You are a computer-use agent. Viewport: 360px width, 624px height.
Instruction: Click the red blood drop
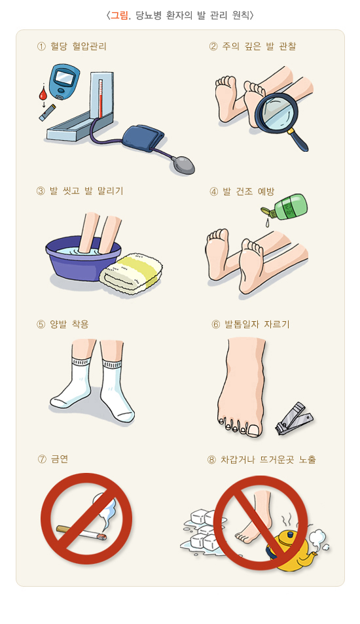(x=43, y=94)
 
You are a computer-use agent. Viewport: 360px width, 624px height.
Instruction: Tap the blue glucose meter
(x=63, y=82)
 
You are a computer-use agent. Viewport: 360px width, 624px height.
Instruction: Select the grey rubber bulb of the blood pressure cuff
(x=183, y=164)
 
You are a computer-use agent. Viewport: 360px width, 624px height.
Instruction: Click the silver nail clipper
(x=294, y=418)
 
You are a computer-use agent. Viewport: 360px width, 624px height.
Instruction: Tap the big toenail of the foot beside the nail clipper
(x=254, y=430)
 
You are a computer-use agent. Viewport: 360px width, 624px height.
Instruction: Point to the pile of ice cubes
(x=203, y=530)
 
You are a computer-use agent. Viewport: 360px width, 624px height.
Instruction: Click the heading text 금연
(x=60, y=459)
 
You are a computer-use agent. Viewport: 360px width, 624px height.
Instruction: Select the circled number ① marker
(x=41, y=47)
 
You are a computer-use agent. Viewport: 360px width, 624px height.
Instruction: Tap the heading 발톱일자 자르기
(x=257, y=324)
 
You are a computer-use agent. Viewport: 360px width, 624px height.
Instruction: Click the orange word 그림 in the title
(x=119, y=16)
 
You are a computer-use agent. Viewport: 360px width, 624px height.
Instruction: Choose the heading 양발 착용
(x=69, y=324)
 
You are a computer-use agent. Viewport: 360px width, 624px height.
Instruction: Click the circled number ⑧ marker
(x=211, y=460)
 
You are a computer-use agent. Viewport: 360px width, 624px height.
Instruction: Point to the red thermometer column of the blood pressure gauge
(x=101, y=99)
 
